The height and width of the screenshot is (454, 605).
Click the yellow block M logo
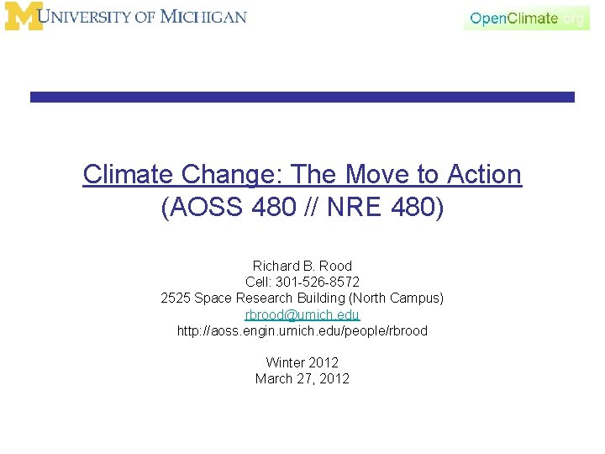(23, 16)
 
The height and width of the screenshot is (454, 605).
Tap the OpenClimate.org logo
(527, 18)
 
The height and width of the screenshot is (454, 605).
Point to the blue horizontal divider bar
(302, 98)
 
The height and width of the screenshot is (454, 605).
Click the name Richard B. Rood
(302, 266)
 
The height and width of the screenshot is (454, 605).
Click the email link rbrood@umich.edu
(302, 314)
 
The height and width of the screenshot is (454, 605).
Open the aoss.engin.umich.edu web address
(302, 330)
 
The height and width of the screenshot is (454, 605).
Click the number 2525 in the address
(175, 298)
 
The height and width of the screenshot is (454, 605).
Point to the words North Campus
(397, 298)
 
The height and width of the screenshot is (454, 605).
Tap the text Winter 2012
(302, 362)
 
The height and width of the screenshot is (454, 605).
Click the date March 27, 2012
(302, 378)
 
